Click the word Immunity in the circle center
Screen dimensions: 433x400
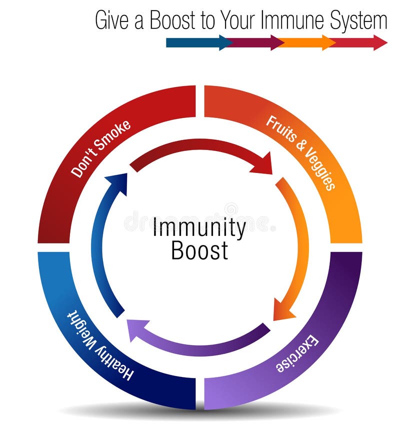(199, 228)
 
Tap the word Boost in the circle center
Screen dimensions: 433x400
(199, 250)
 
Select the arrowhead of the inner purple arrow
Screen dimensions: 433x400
(136, 328)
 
